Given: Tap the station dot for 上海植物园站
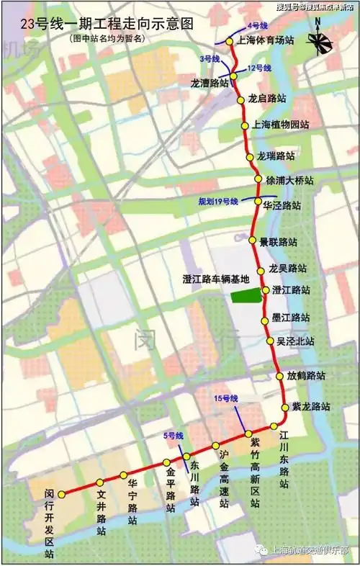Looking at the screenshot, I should [x=243, y=124].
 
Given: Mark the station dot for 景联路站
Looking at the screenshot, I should [x=253, y=241].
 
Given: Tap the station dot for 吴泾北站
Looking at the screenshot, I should [x=270, y=341].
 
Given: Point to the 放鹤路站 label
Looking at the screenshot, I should [x=305, y=375].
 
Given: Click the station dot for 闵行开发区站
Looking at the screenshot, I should [x=61, y=495].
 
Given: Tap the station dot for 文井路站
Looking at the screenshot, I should [x=99, y=482].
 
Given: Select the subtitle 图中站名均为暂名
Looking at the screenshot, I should [x=108, y=38].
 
